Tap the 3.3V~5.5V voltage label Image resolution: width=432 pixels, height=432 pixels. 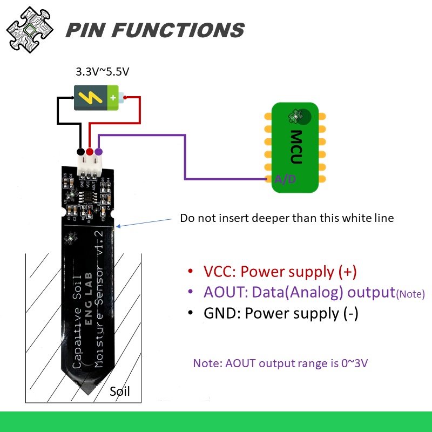point(102,71)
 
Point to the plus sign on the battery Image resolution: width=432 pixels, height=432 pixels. point(113,98)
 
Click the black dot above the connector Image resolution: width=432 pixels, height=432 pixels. point(81,152)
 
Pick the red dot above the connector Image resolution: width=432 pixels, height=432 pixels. point(90,152)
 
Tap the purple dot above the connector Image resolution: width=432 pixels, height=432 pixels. point(98,152)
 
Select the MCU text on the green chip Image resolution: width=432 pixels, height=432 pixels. point(296,147)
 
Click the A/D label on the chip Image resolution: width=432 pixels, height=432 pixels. point(285,179)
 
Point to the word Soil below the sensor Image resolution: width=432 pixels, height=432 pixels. point(120,391)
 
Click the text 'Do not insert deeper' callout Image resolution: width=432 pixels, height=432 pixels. point(287,218)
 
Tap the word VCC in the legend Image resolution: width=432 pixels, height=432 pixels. point(219,272)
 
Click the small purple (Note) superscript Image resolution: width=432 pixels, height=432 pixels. point(410,294)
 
